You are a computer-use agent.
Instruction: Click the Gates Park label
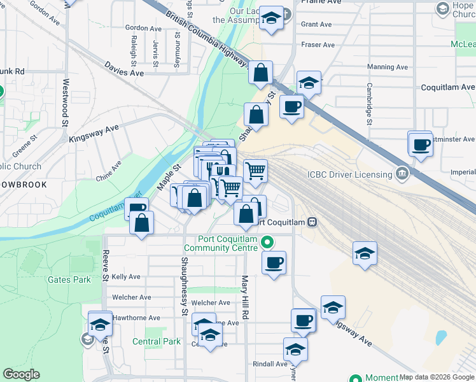[x=69, y=279]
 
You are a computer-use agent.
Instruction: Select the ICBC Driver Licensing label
[x=349, y=175]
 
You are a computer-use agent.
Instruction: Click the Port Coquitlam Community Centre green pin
[x=267, y=243]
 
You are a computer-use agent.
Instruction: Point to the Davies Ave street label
[x=125, y=73]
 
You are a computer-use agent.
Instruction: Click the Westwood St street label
[x=66, y=102]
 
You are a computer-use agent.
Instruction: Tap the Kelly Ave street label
[x=126, y=277]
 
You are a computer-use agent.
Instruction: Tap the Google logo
[x=21, y=374]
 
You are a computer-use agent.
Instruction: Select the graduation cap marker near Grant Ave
[x=272, y=20]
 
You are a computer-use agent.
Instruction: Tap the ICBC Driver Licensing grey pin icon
[x=402, y=173]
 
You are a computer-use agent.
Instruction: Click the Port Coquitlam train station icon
[x=312, y=222]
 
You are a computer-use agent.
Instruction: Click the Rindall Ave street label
[x=270, y=364]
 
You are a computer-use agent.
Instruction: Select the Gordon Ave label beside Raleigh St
[x=143, y=28]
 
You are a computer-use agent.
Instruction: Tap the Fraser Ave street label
[x=318, y=45]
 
